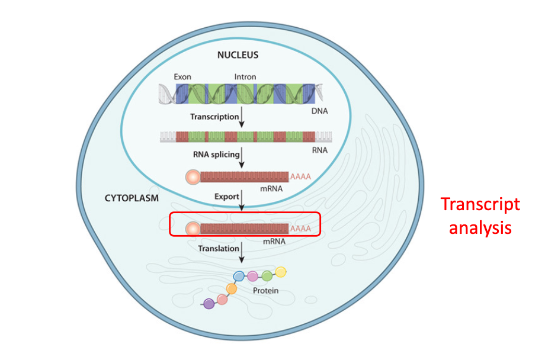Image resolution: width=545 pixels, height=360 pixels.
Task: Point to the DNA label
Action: [x=320, y=111]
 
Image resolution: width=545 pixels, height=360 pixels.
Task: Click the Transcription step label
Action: [x=214, y=117]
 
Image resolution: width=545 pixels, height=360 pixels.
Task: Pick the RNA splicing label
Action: [x=216, y=155]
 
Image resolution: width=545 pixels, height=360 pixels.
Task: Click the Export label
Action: [x=227, y=195]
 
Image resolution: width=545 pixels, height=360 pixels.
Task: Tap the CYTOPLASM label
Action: [x=132, y=198]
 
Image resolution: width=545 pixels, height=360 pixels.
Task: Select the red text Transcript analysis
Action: [x=480, y=216]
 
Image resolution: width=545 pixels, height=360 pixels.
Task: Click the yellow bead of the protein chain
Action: [x=281, y=272]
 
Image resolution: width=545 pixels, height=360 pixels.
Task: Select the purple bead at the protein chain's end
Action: [x=209, y=304]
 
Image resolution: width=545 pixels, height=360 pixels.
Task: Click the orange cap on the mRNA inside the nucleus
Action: [x=193, y=176]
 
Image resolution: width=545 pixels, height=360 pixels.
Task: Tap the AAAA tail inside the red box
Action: [x=300, y=229]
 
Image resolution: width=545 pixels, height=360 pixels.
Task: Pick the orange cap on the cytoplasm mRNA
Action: [x=193, y=229]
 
